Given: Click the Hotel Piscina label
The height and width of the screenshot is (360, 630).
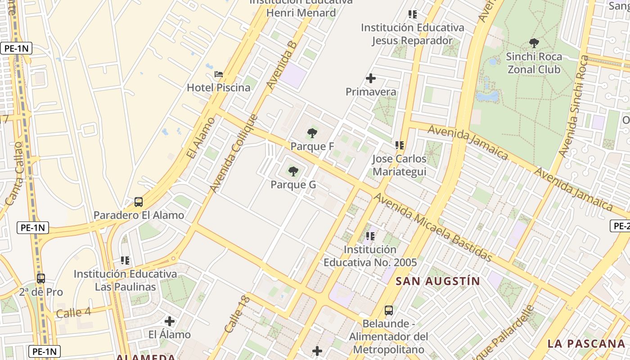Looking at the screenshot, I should coord(218,87).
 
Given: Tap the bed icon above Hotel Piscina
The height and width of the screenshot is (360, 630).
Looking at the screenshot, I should coord(218,74).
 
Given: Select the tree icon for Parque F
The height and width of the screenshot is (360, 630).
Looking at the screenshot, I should coord(312,133).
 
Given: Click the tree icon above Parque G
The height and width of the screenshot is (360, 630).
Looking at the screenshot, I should coord(293,171).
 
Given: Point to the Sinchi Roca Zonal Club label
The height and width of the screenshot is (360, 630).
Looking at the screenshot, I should coord(534,63).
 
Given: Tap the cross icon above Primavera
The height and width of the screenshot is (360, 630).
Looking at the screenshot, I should coord(371,79).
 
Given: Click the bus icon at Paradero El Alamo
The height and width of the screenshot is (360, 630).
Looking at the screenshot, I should coord(139,202).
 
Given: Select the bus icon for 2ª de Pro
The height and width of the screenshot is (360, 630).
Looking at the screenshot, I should coord(41,279).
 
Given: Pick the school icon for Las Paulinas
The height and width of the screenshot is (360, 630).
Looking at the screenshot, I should coord(125,261).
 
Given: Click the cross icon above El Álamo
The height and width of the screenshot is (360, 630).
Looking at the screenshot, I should coord(170,321).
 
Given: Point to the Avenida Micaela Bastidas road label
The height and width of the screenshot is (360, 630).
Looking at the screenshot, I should coord(433,227).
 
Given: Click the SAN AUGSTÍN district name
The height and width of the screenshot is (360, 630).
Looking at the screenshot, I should coord(438,281).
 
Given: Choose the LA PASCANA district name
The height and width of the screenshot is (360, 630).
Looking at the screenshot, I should coord(586,343).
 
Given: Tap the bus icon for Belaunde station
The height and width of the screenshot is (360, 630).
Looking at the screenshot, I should coord(389,310).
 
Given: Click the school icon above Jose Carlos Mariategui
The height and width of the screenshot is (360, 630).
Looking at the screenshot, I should coord(400,145).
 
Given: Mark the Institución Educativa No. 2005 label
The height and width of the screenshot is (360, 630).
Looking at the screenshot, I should coord(370,256).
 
